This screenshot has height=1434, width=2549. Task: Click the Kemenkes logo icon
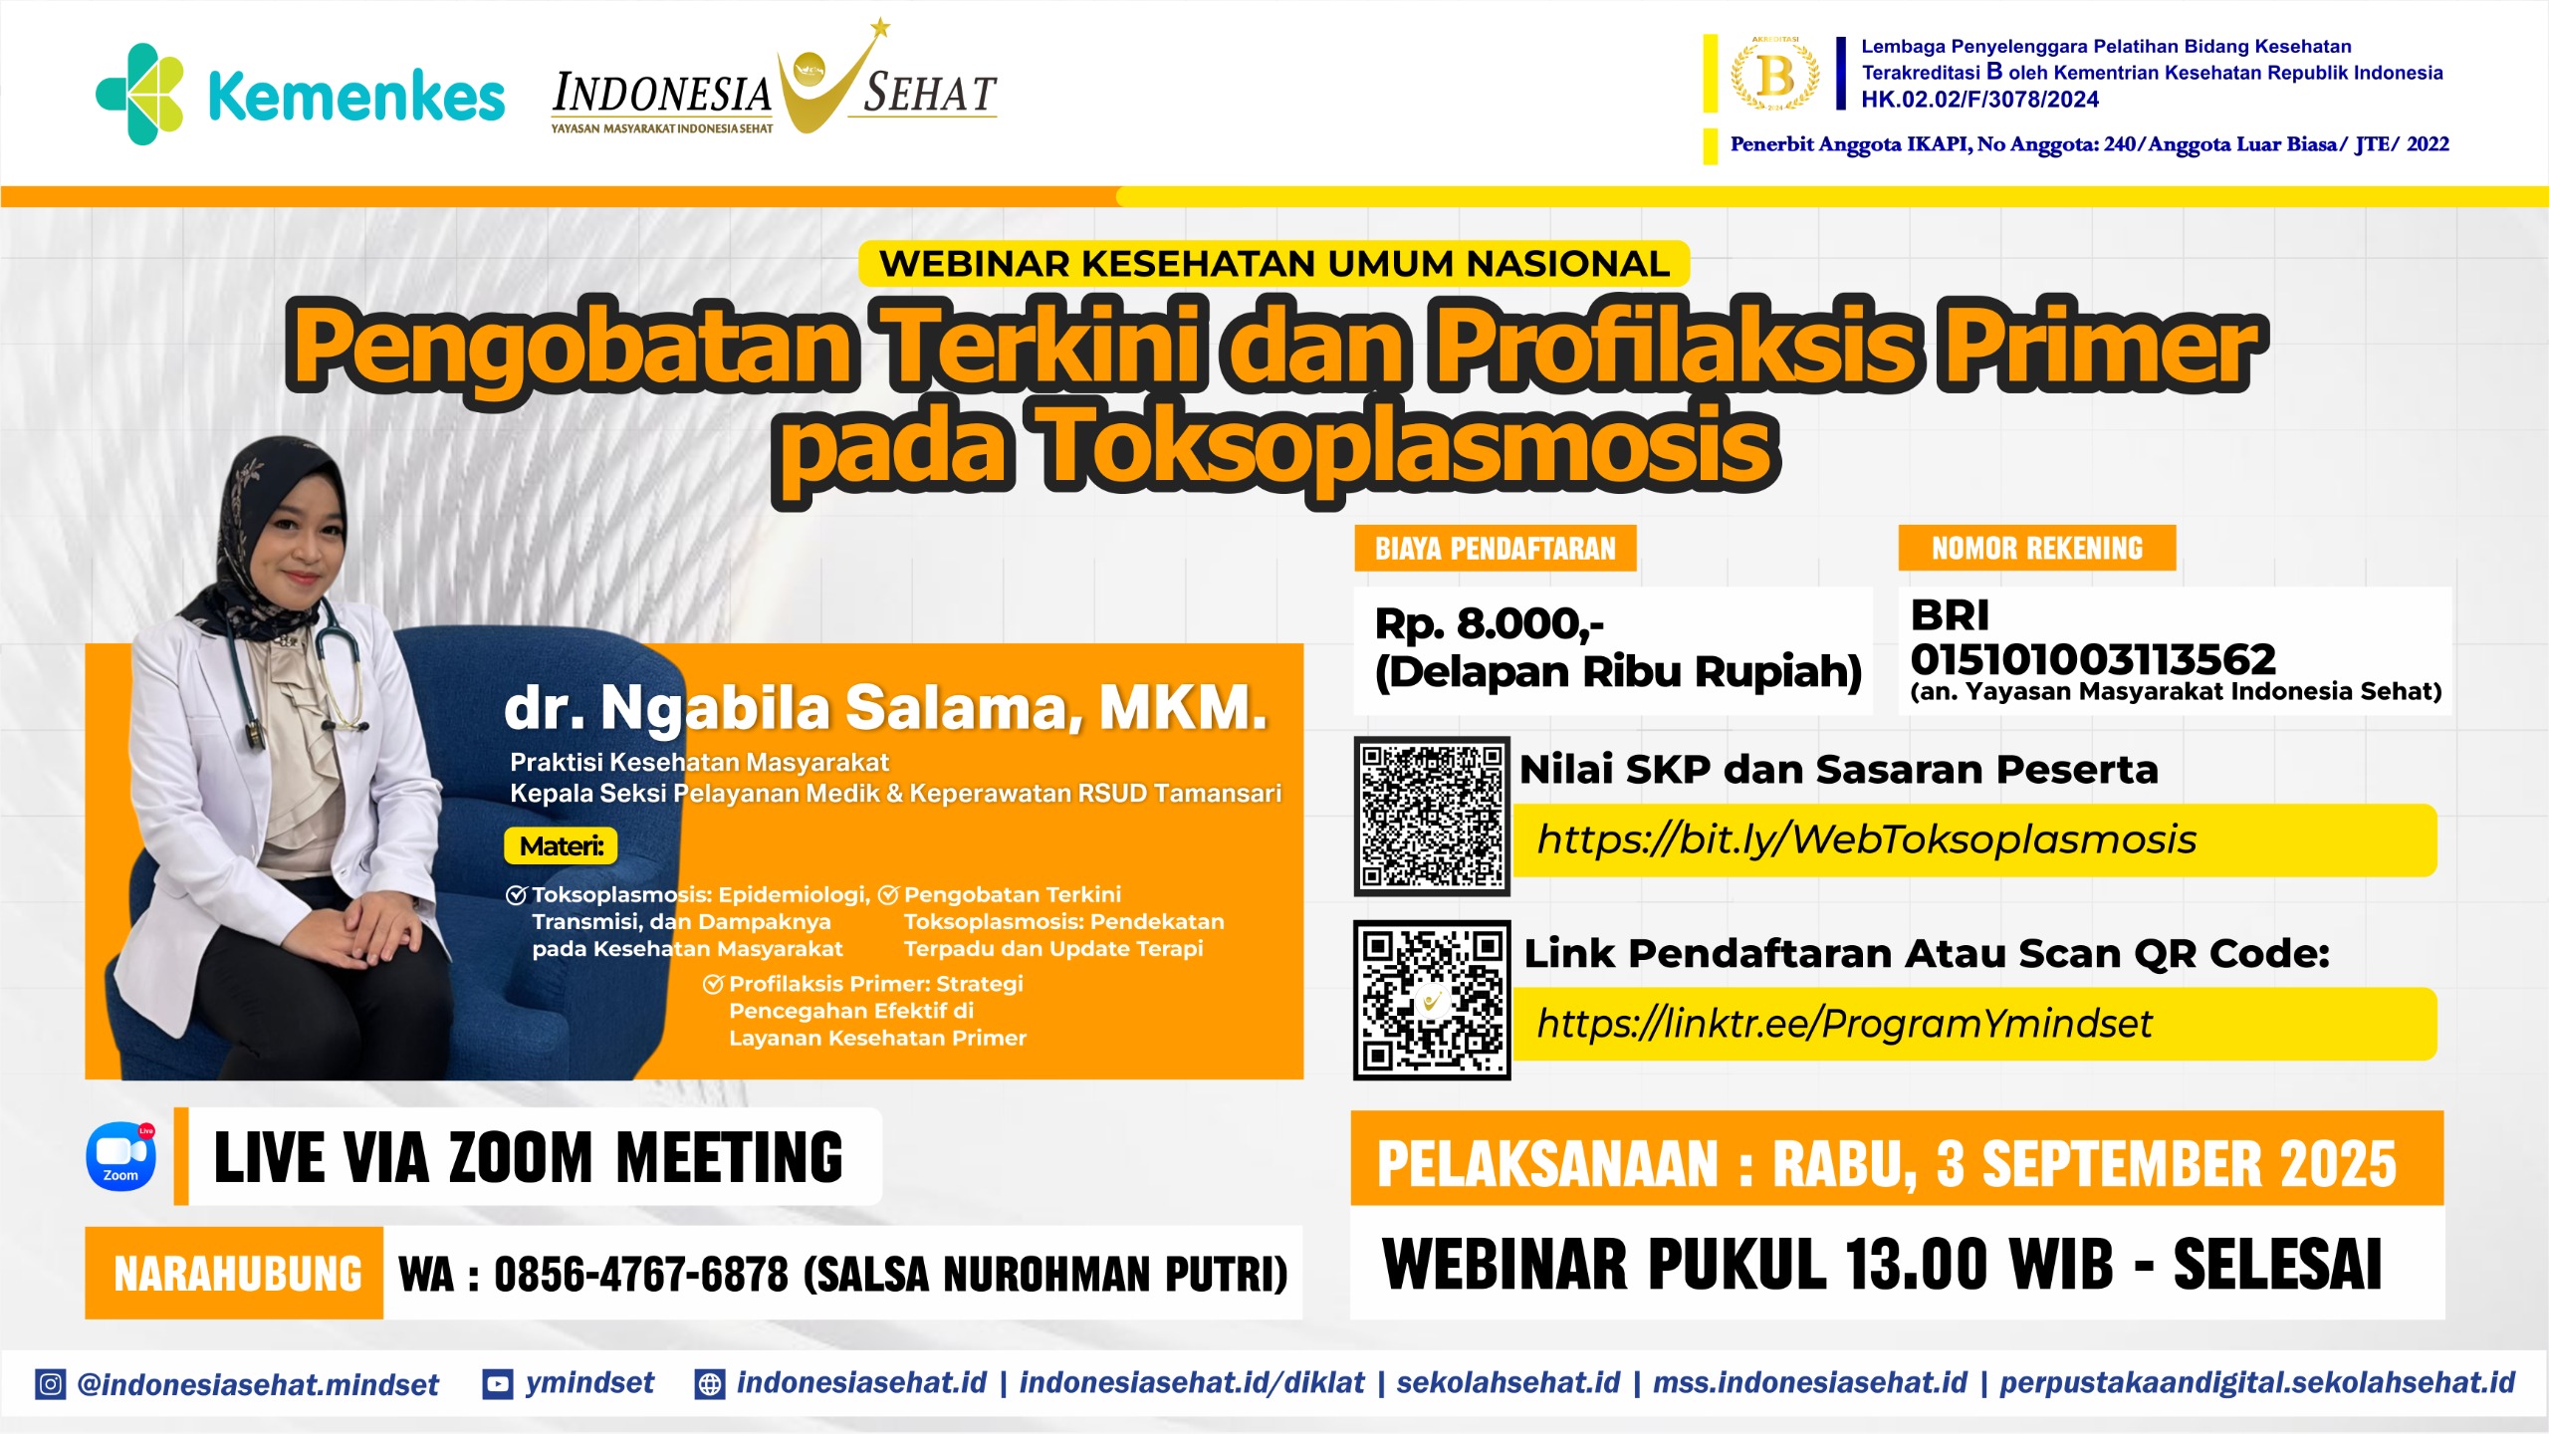(139, 94)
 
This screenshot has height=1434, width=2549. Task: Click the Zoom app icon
(121, 1157)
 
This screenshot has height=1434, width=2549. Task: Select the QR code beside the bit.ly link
(1432, 816)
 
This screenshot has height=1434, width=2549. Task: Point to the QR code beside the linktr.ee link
(1432, 1000)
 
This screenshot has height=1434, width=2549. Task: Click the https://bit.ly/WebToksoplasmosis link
(1867, 839)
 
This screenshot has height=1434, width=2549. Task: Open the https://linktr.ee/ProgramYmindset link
(1844, 1024)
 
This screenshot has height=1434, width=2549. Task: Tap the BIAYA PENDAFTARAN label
(1496, 549)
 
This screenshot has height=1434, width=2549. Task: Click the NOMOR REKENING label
(2037, 549)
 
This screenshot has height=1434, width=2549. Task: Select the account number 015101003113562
(2093, 659)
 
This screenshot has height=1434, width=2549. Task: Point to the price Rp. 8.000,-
(1490, 624)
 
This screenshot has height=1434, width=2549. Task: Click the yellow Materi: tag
(561, 846)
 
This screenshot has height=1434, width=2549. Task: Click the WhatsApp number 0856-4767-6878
(641, 1274)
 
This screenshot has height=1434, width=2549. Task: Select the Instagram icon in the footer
(51, 1384)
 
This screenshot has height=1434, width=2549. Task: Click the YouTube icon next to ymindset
(497, 1384)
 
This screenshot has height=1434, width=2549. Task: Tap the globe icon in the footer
(710, 1384)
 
